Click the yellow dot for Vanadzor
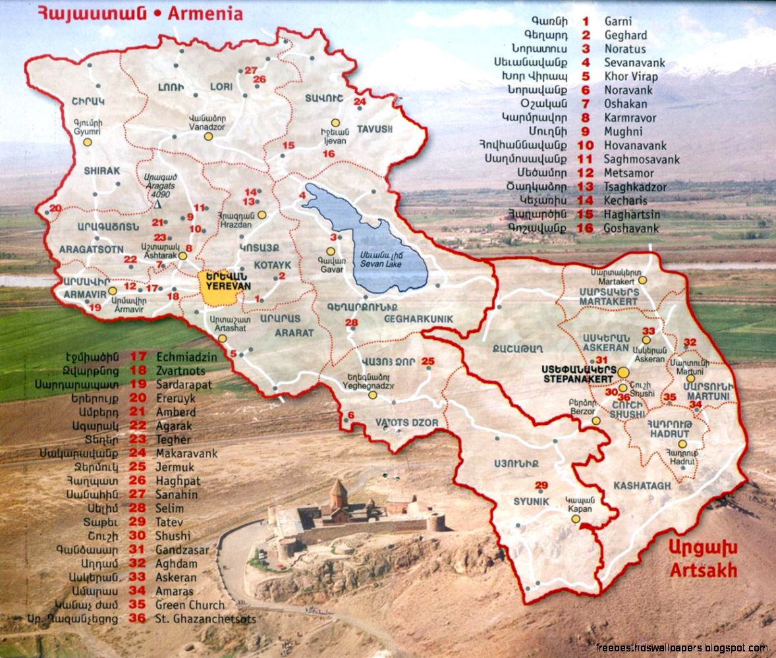[208, 136]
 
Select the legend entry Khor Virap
[630, 76]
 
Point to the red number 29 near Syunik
[541, 485]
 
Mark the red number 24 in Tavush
[360, 101]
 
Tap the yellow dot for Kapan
[575, 519]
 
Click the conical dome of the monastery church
[338, 489]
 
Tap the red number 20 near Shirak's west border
[55, 208]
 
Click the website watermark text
[681, 647]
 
